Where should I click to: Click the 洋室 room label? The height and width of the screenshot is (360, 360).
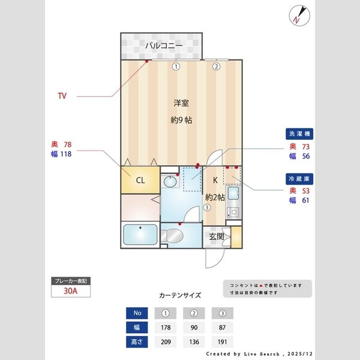point(181,103)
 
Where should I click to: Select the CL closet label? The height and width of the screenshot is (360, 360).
point(139,180)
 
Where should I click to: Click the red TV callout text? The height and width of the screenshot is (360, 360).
point(62,96)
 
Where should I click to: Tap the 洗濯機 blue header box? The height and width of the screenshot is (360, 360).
point(300,134)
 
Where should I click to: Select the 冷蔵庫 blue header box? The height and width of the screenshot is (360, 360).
point(300,178)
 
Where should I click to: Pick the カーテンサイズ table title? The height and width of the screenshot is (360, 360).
point(180,295)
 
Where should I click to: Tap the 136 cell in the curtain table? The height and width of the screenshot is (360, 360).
point(194,342)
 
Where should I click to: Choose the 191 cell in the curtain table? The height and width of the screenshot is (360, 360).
point(222,342)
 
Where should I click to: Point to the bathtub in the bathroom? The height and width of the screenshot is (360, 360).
point(139,235)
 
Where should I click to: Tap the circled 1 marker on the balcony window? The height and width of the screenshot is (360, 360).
point(176,67)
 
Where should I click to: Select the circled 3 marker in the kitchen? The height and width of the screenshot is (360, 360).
point(206,208)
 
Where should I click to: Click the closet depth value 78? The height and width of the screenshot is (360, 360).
point(67,145)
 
